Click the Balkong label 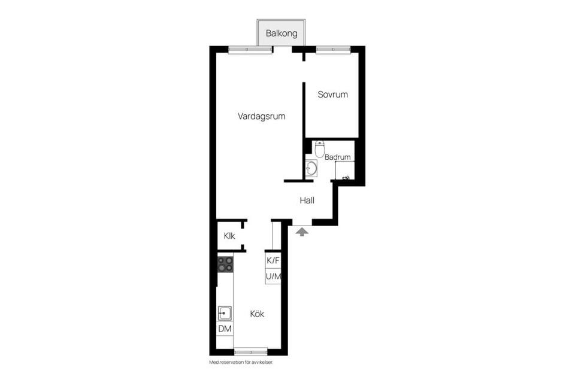[282, 34]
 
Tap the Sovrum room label [332, 95]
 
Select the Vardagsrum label [262, 117]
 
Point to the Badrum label [337, 157]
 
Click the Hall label [307, 200]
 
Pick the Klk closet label [229, 236]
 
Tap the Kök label [257, 314]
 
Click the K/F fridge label [273, 260]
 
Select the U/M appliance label [273, 276]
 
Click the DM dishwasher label [225, 329]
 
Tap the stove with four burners [225, 264]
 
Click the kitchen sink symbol [225, 314]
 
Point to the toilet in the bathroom [320, 148]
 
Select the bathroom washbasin [311, 168]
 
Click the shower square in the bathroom [345, 171]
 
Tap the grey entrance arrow [302, 232]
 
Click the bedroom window [334, 50]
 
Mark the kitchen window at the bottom [251, 352]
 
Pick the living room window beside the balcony [250, 50]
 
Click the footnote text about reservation [241, 363]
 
